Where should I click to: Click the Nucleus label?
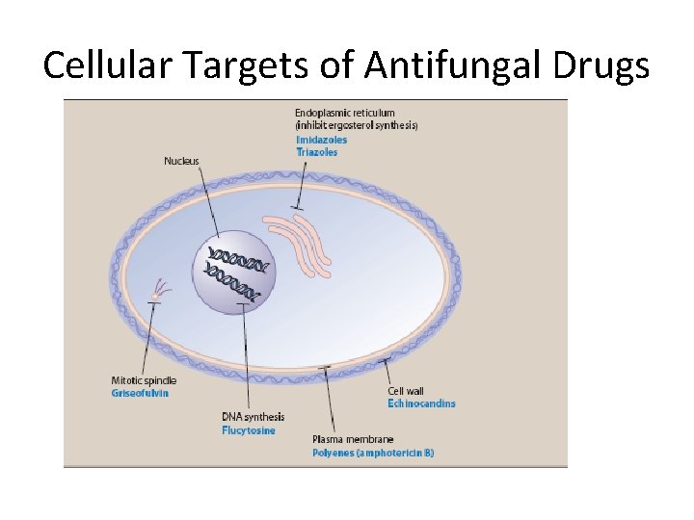(182, 161)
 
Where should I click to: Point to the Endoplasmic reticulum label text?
(344, 114)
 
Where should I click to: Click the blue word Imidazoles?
(321, 140)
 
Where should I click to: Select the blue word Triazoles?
(316, 152)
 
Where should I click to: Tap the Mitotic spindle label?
(144, 380)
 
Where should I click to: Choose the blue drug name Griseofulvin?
(139, 393)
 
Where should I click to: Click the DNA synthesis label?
(254, 417)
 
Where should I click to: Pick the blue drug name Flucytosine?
(249, 430)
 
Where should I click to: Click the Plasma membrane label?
(353, 439)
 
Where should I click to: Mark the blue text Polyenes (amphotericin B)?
(373, 453)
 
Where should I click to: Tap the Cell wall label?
(406, 391)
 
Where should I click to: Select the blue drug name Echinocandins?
(421, 403)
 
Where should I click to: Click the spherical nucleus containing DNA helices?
(234, 272)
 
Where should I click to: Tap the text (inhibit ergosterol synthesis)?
(356, 126)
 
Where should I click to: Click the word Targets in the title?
(249, 65)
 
